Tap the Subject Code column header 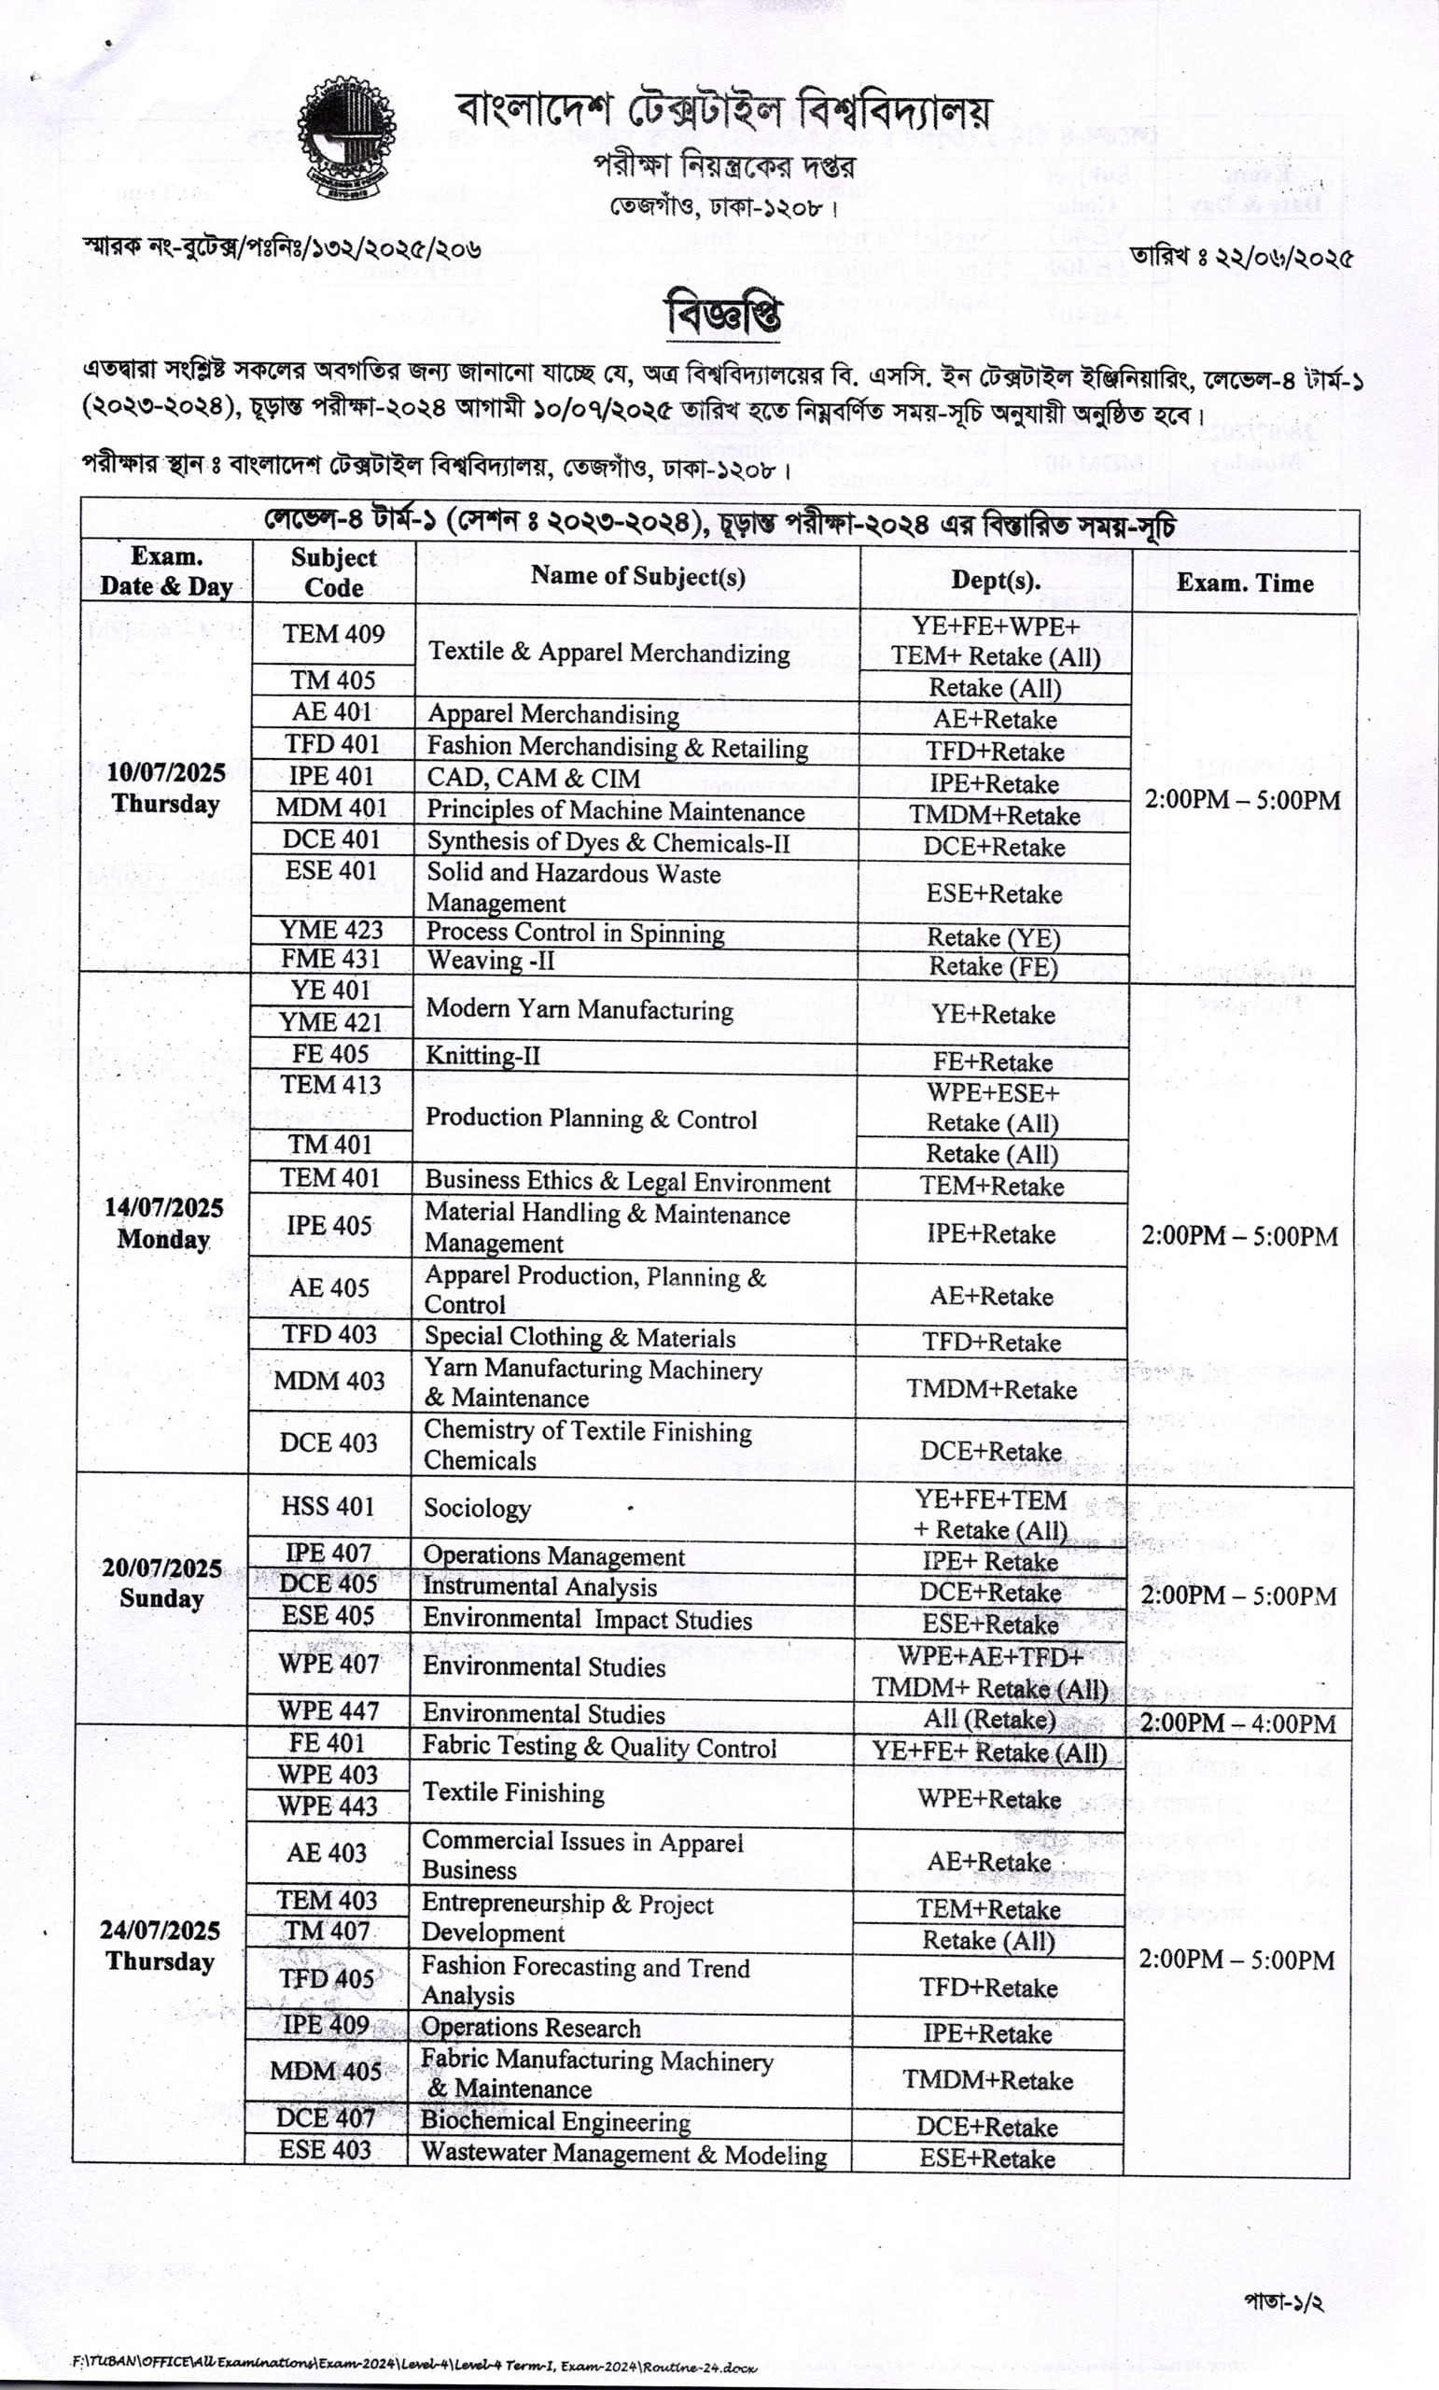tap(332, 572)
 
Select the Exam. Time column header tap(1244, 583)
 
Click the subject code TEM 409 tap(333, 634)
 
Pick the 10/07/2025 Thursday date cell tap(166, 788)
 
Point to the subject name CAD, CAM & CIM tap(533, 779)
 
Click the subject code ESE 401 tap(330, 871)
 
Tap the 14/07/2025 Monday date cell tap(164, 1223)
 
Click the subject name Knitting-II tap(482, 1055)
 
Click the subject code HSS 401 tap(328, 1507)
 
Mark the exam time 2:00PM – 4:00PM tap(1237, 1722)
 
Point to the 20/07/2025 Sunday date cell tap(162, 1583)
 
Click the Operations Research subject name tap(530, 2028)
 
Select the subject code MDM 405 tap(326, 2071)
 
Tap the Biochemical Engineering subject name tap(555, 2121)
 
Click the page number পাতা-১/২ tap(1284, 2301)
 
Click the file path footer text tap(414, 2368)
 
